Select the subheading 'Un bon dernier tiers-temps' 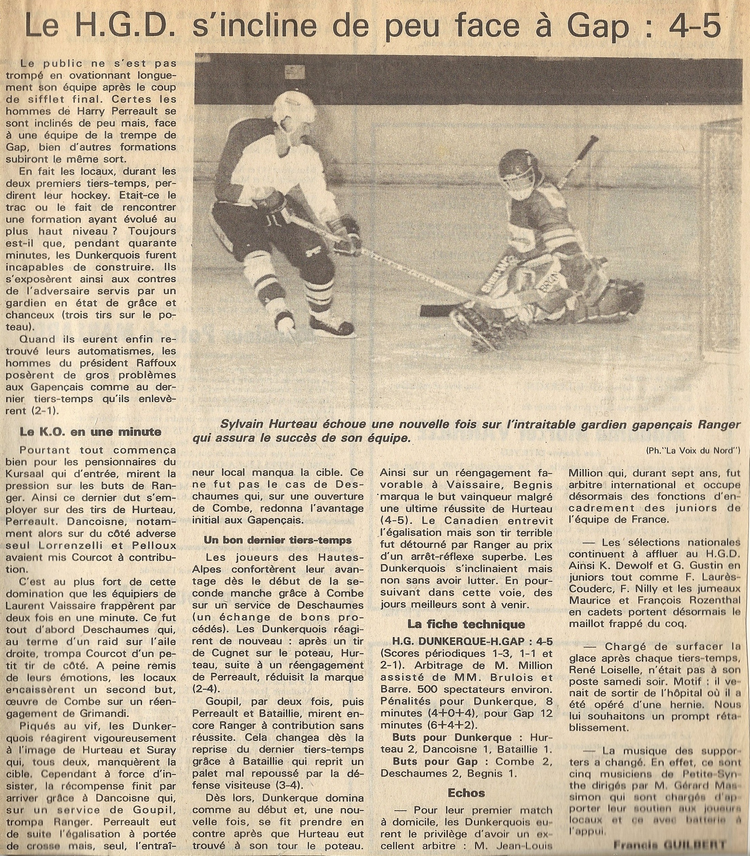click(x=277, y=540)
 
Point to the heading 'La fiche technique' click(x=466, y=624)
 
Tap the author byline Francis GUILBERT click(x=669, y=843)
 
